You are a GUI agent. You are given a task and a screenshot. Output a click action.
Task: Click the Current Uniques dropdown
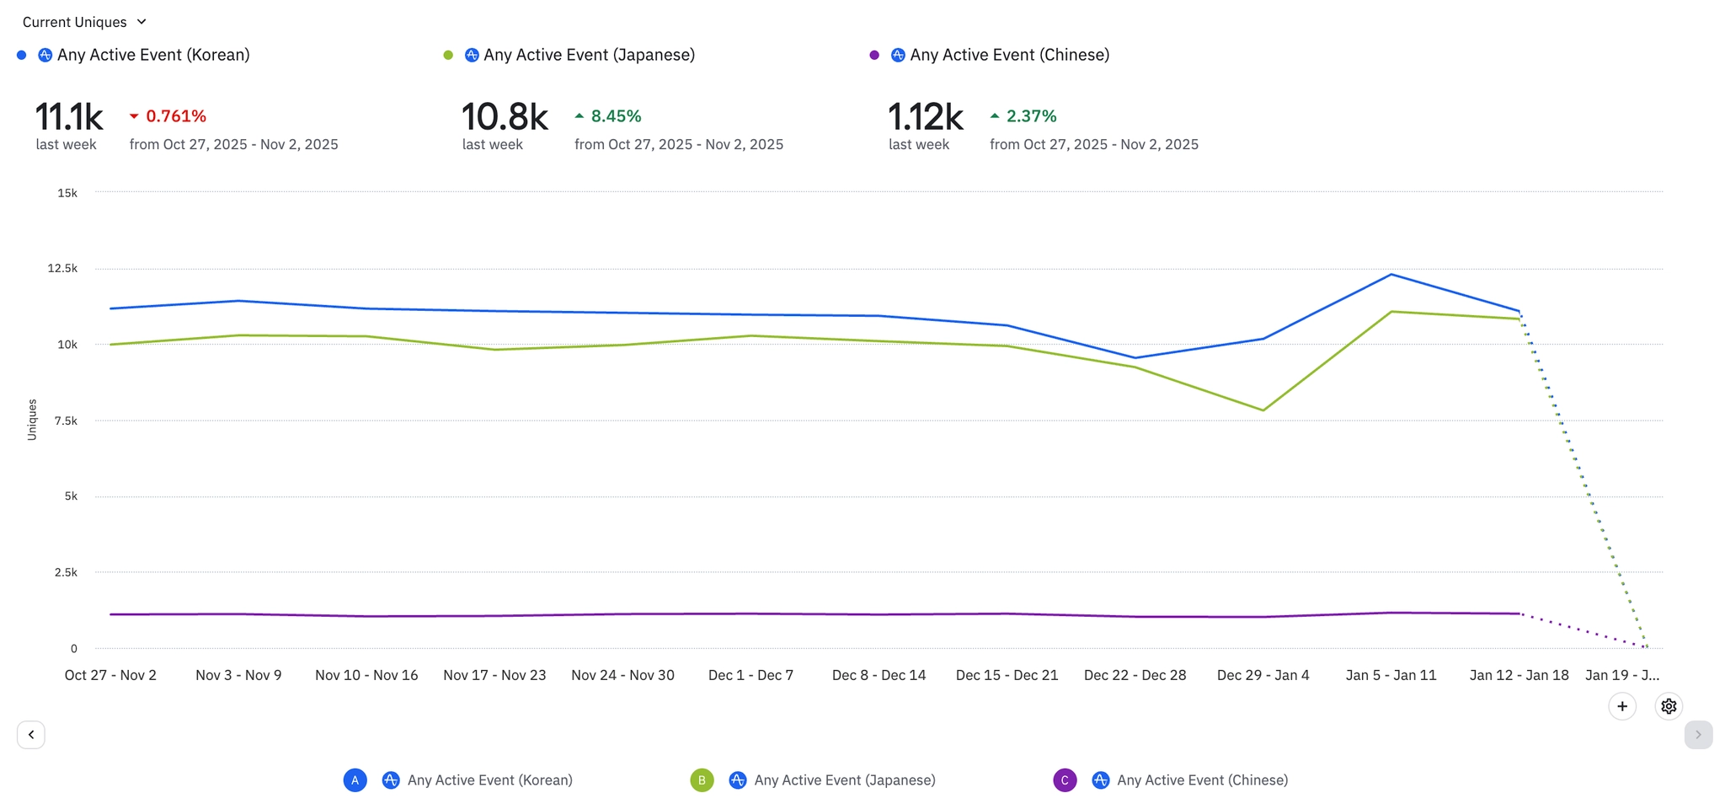[84, 22]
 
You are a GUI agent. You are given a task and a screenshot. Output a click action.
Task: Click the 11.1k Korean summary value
[69, 116]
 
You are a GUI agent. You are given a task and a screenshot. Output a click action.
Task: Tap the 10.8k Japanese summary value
[505, 116]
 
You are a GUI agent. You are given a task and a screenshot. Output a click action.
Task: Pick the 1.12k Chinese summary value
[925, 116]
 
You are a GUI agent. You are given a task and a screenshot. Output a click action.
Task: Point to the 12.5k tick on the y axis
[62, 269]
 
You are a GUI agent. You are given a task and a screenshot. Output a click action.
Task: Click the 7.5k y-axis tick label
[66, 421]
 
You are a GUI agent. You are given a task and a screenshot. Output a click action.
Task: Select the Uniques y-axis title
[32, 420]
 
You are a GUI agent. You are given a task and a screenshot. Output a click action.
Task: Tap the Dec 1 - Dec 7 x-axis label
[750, 675]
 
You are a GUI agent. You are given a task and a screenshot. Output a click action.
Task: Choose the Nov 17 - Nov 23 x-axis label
[494, 675]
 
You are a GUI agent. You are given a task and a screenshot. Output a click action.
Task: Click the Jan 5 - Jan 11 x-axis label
[1391, 675]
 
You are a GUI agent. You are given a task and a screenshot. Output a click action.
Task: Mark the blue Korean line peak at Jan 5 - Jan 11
[1391, 275]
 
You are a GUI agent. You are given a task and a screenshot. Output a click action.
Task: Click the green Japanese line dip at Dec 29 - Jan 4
[1263, 410]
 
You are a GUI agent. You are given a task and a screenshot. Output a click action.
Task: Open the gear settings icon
[1669, 706]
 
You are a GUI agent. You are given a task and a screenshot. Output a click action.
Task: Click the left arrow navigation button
[31, 735]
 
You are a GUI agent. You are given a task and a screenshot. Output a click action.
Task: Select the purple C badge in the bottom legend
[1065, 780]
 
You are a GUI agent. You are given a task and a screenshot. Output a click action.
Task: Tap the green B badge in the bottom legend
[702, 780]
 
